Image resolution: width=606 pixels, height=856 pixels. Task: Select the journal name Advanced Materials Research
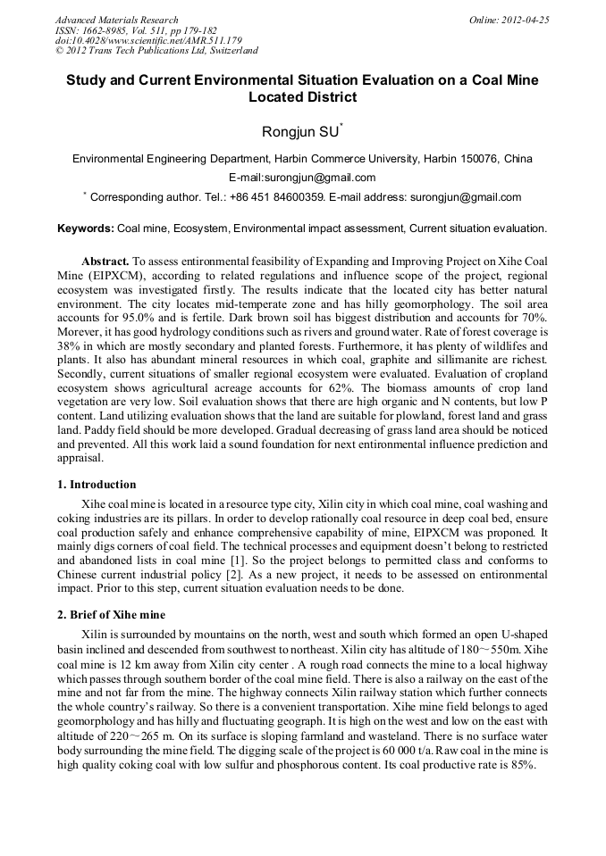[x=116, y=20]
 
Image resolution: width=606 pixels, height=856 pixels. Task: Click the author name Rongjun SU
[x=301, y=132]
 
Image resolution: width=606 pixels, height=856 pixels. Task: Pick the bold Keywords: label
[x=86, y=229]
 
